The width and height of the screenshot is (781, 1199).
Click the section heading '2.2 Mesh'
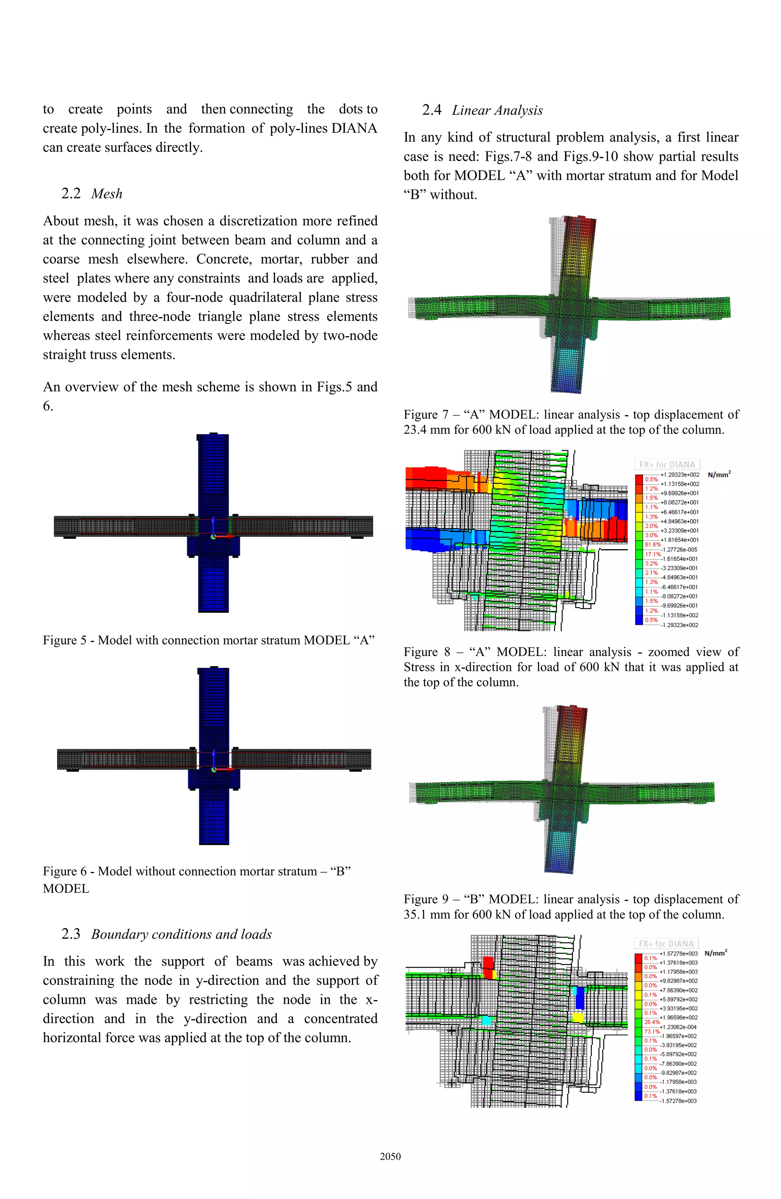92,194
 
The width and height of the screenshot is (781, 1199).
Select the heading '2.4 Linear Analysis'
482,110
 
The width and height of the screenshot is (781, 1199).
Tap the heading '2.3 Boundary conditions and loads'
166,934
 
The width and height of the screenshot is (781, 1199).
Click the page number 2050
390,1157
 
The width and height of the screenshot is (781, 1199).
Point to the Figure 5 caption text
209,640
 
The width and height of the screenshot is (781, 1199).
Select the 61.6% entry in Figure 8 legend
652,545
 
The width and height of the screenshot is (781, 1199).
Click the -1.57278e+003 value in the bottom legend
678,1101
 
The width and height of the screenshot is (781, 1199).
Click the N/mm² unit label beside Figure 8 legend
718,475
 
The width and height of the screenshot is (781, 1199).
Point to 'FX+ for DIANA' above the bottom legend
666,944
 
